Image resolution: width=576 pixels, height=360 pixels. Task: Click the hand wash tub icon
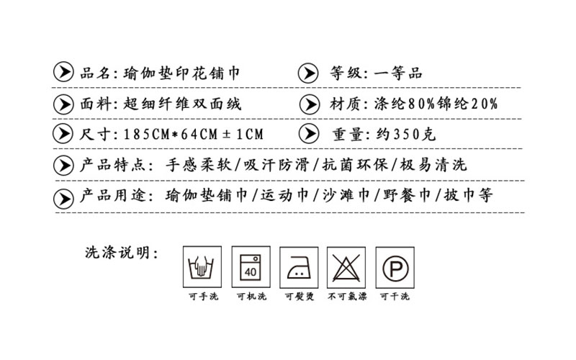point(202,266)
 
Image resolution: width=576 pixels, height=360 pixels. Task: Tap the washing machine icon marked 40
point(251,266)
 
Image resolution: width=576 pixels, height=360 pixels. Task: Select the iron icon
point(299,267)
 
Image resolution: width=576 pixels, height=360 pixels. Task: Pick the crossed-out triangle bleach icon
point(346,267)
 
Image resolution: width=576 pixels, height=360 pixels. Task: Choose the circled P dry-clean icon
point(395,267)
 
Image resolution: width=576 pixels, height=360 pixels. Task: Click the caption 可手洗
point(204,296)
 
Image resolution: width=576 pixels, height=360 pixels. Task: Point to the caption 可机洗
point(251,296)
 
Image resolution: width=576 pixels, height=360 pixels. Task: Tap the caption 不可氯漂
point(347,296)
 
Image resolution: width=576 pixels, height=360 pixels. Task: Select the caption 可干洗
point(395,296)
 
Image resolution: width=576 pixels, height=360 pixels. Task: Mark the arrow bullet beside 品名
point(63,71)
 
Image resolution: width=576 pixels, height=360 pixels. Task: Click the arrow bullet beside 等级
point(308,73)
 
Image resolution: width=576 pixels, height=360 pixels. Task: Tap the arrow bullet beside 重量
point(309,133)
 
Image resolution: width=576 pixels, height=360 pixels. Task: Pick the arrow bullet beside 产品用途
point(63,199)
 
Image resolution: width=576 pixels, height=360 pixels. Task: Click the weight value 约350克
point(406,135)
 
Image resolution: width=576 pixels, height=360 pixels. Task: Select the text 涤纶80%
point(405,104)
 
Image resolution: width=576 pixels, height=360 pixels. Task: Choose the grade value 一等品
point(398,73)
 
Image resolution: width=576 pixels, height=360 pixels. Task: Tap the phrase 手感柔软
point(199,165)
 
